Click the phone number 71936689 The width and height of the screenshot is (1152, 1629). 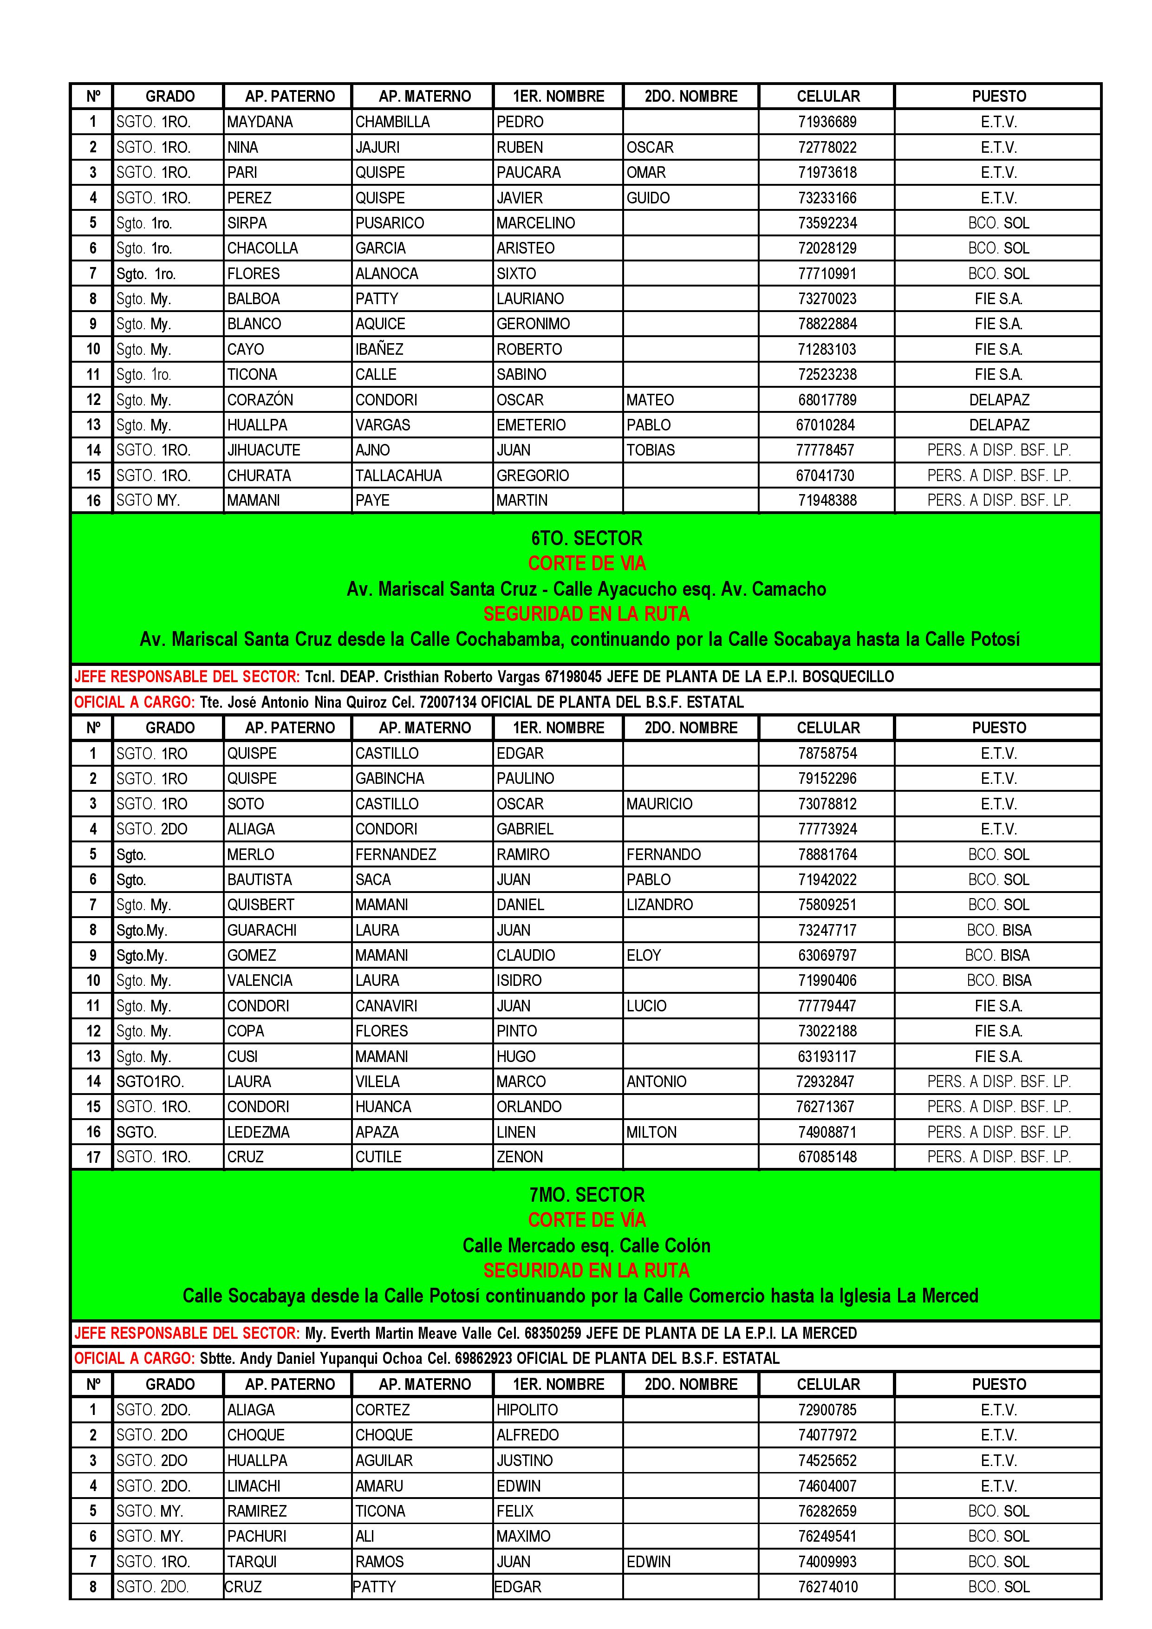click(827, 122)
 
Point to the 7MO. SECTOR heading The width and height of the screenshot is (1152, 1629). click(586, 1195)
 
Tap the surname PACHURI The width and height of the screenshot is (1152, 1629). click(257, 1536)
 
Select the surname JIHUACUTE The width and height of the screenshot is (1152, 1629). click(263, 450)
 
